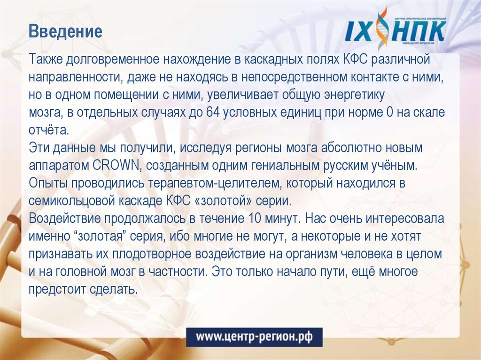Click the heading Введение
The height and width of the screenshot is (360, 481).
pos(65,32)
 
